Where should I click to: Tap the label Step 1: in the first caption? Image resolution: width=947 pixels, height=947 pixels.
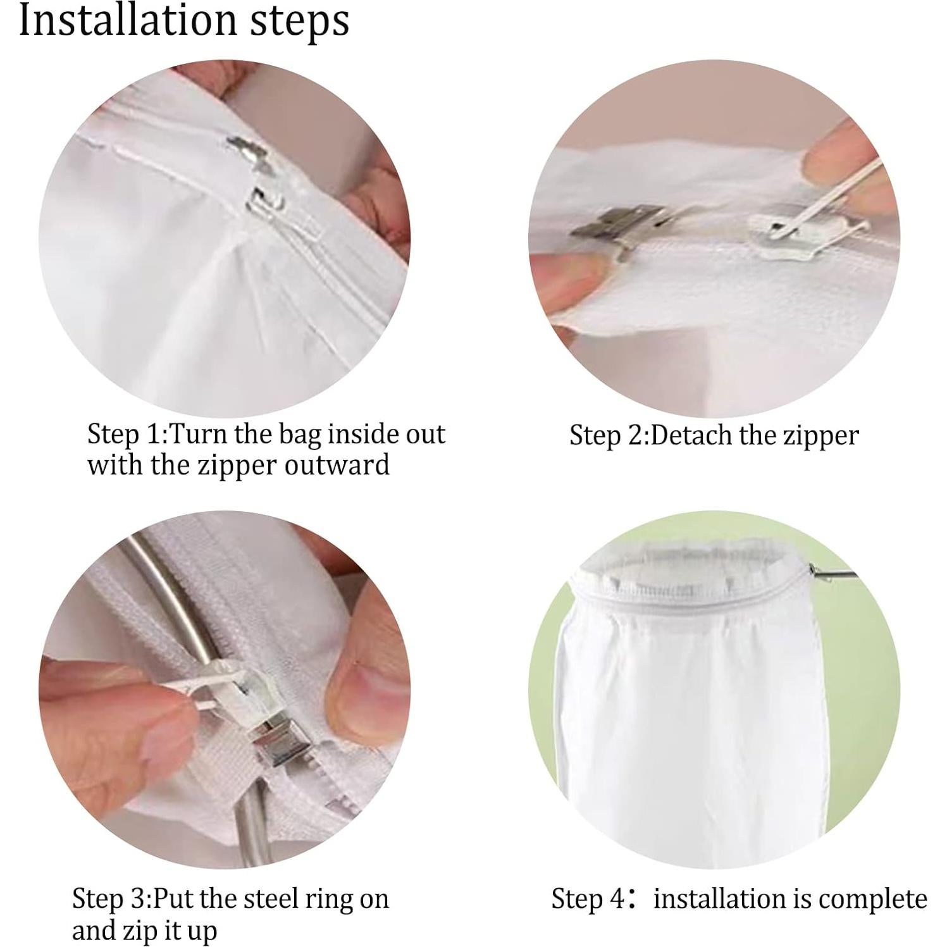127,435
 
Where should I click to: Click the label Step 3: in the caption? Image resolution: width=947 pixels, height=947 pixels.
111,898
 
